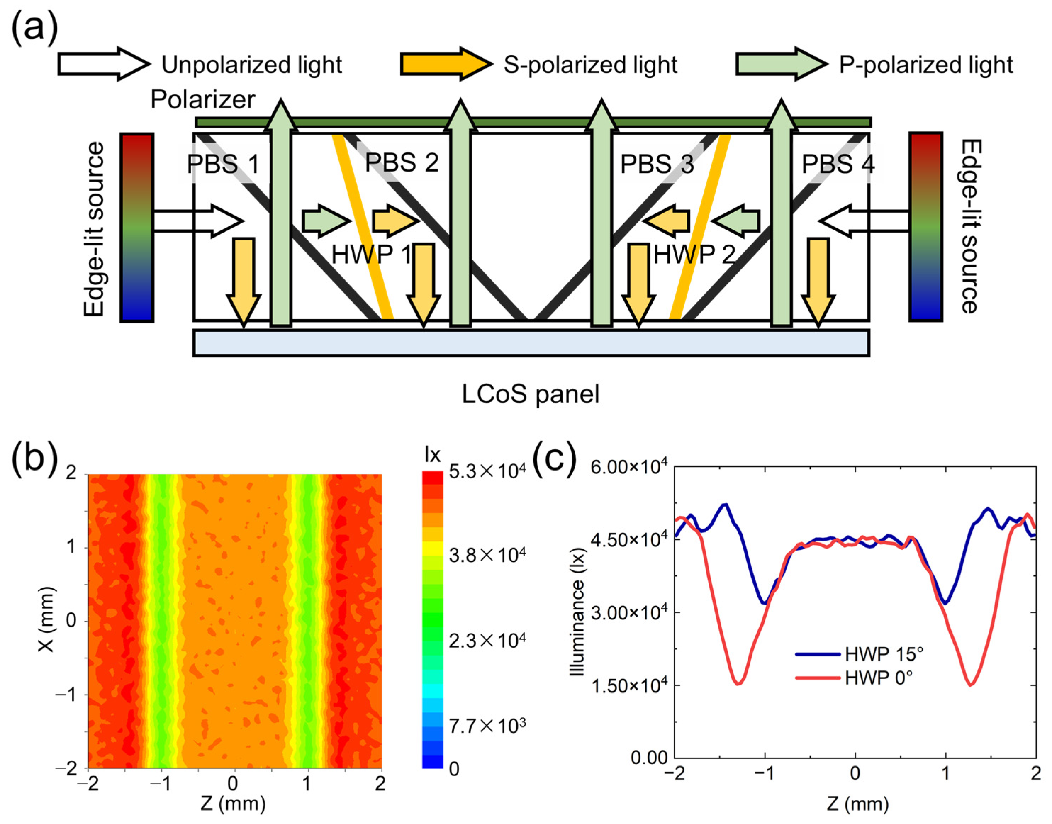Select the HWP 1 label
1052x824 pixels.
click(x=371, y=254)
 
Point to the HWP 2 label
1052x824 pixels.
click(x=694, y=254)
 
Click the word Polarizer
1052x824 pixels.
click(x=203, y=100)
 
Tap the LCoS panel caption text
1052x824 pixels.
click(x=531, y=394)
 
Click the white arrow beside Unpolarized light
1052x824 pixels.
click(x=104, y=64)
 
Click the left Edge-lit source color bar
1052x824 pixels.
click(x=137, y=227)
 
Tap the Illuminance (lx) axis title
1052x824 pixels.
click(x=577, y=613)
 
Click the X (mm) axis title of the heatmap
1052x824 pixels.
click(x=47, y=620)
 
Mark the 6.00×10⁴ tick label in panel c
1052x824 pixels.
click(x=629, y=467)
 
